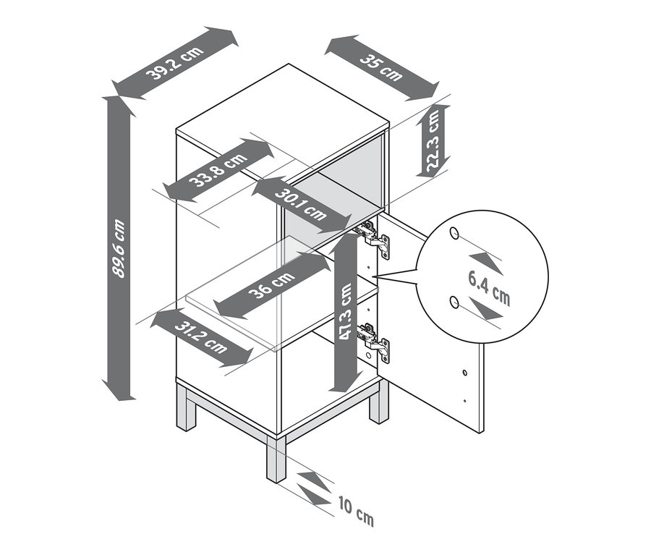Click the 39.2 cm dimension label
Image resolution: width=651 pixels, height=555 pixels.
175,63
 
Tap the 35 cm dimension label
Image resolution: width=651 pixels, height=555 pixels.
381,67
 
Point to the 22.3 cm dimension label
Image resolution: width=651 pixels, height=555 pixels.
433,142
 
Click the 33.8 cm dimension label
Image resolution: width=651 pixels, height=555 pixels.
218,169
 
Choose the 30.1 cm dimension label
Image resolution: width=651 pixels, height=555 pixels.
301,204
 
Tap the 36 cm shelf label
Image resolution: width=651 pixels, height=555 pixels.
271,284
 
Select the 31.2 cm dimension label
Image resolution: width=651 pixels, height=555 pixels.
201,337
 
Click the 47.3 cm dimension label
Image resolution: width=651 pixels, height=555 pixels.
345,312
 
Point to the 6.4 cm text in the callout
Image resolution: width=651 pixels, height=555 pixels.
489,287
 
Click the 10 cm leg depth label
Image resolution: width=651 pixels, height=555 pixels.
356,511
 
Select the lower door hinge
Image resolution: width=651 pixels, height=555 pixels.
373,342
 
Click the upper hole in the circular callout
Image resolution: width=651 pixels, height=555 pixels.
455,234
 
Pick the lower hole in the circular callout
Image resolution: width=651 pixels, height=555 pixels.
455,302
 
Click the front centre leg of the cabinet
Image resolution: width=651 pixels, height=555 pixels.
276,458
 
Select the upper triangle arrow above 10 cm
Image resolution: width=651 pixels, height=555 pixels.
314,481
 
